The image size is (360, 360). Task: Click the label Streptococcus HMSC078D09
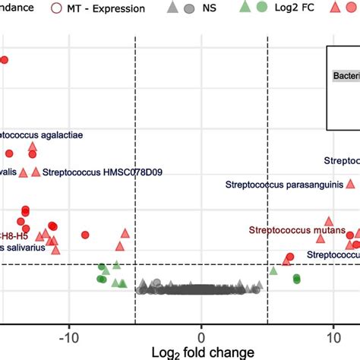click(x=103, y=172)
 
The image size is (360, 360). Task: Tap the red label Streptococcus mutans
click(x=292, y=229)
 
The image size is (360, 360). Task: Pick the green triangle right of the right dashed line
click(x=273, y=270)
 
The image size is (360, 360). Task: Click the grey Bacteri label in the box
click(x=346, y=75)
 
